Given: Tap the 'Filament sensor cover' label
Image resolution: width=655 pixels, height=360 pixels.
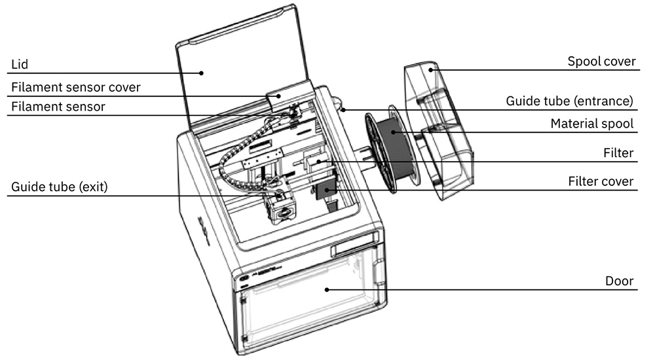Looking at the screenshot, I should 75,87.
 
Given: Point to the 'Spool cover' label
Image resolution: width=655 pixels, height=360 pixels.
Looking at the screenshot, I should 601,62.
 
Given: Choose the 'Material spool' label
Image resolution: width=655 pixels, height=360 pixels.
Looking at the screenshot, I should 591,123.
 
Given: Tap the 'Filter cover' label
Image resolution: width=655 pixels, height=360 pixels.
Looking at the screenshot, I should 601,181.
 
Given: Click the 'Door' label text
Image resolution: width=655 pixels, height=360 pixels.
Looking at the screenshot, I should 619,281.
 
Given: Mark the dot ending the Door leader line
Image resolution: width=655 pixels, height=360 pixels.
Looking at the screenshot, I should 326,289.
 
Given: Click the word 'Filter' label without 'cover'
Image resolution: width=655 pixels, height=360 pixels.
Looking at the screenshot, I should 618,153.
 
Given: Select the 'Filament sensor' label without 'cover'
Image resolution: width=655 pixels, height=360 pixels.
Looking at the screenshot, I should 58,106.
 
